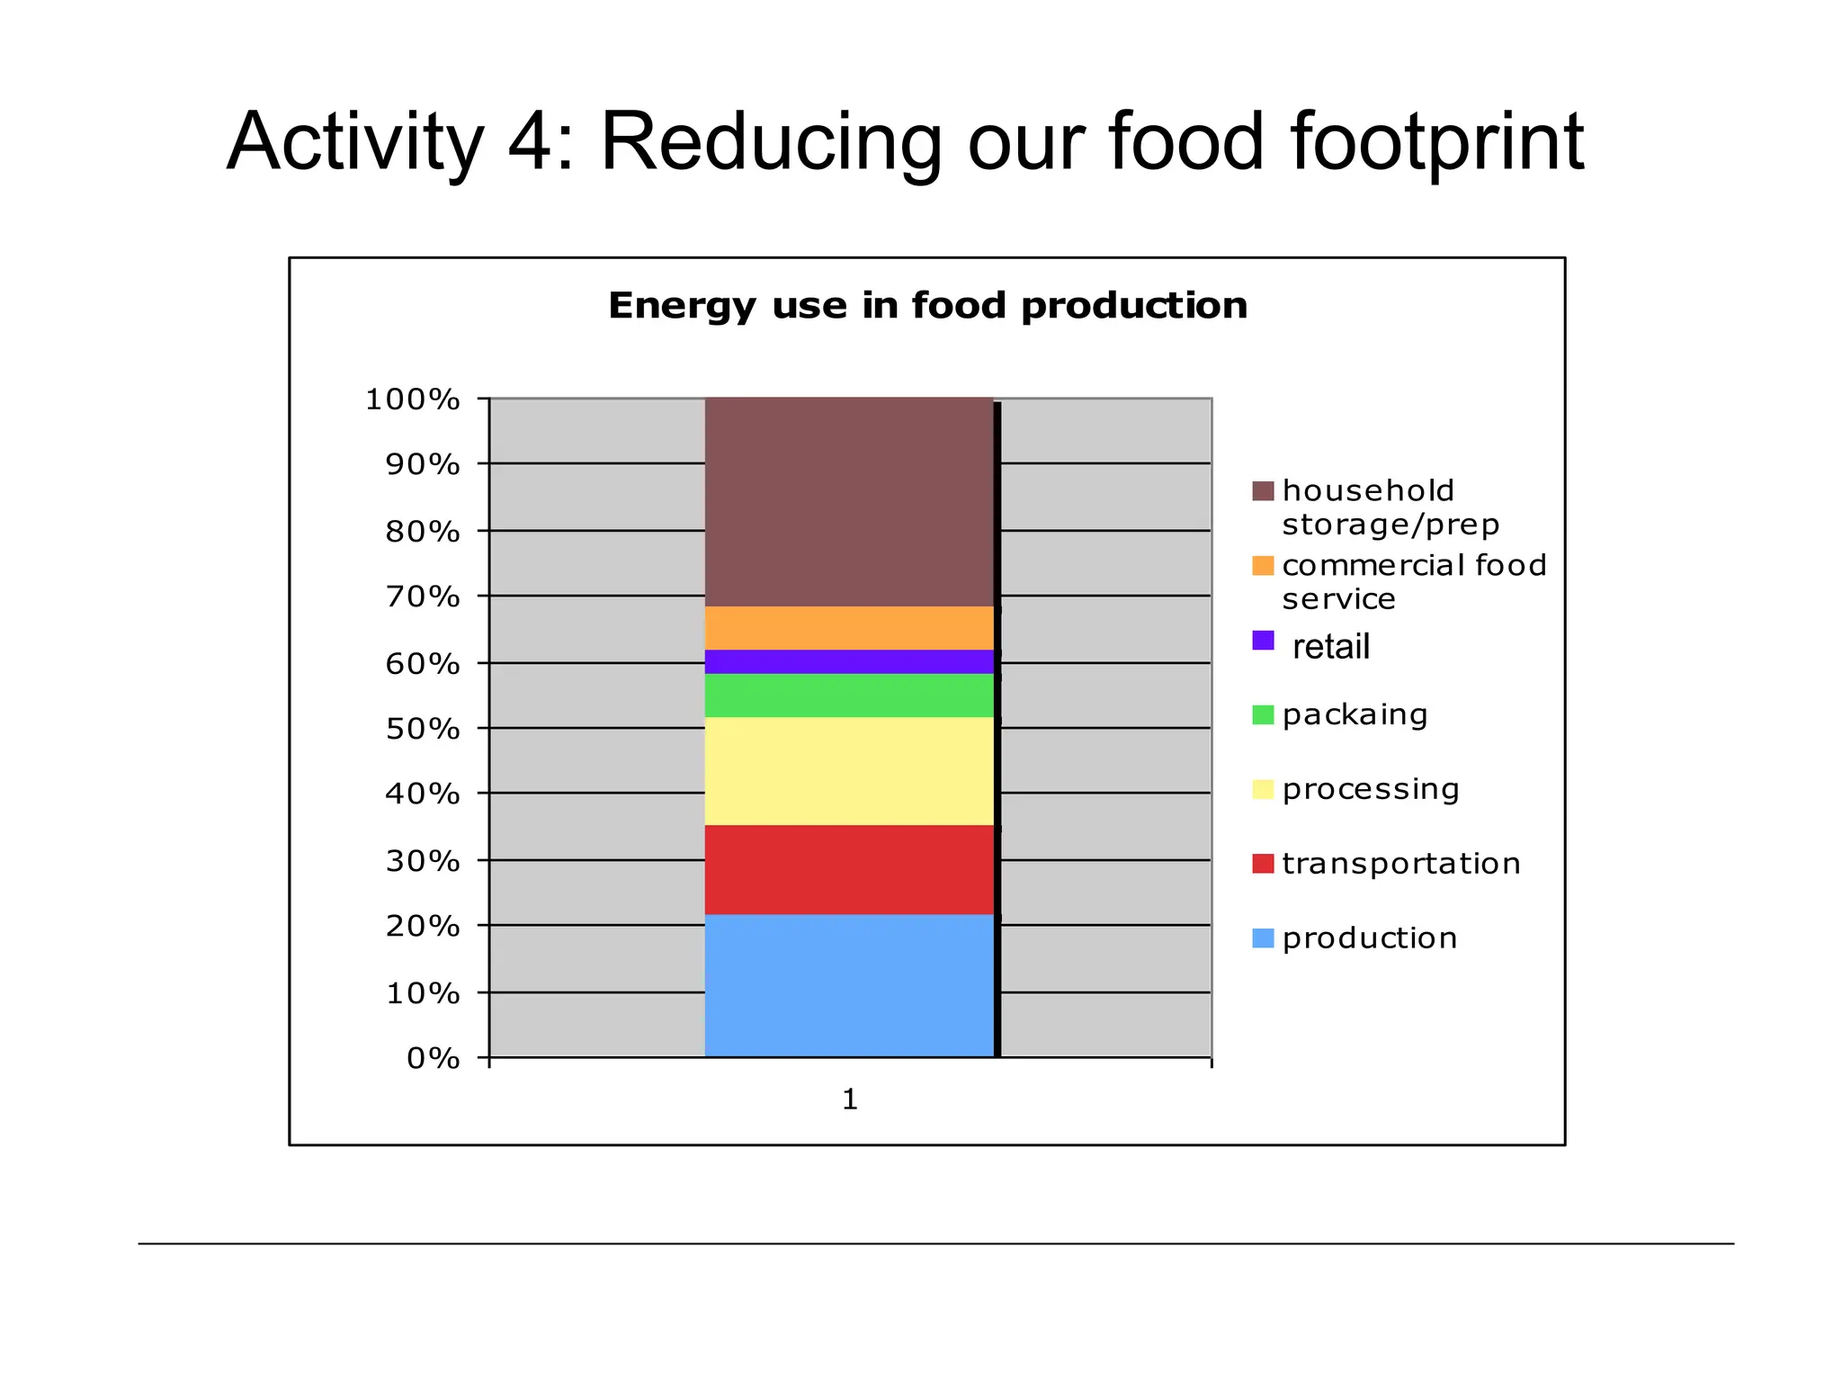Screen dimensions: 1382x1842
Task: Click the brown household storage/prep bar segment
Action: tap(849, 502)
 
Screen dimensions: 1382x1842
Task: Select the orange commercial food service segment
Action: tap(849, 628)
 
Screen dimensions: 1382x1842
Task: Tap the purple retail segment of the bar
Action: tap(849, 661)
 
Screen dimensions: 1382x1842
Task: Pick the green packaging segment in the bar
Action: tap(849, 695)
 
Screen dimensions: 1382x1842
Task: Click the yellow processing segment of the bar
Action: tap(849, 771)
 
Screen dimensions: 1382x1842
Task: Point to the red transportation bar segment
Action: tap(849, 870)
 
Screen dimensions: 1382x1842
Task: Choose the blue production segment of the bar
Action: tap(849, 986)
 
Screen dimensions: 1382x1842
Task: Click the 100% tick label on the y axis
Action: tap(413, 399)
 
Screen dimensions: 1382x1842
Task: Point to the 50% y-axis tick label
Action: tap(423, 729)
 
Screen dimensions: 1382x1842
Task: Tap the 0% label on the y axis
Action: tap(434, 1058)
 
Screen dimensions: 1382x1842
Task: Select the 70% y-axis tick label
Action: tap(423, 597)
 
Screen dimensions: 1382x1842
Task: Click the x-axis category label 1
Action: tap(850, 1099)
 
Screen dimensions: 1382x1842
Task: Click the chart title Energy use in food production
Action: tap(927, 306)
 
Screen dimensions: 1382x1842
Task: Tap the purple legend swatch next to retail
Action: tap(1263, 641)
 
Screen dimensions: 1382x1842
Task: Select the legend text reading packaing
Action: tap(1355, 715)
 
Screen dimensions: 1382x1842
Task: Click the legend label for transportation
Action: tap(1401, 864)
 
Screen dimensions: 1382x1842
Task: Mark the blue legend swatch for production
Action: tap(1263, 938)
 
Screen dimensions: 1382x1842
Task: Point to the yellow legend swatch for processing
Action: tap(1263, 790)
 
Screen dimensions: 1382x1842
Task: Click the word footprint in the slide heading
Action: tap(1436, 142)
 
